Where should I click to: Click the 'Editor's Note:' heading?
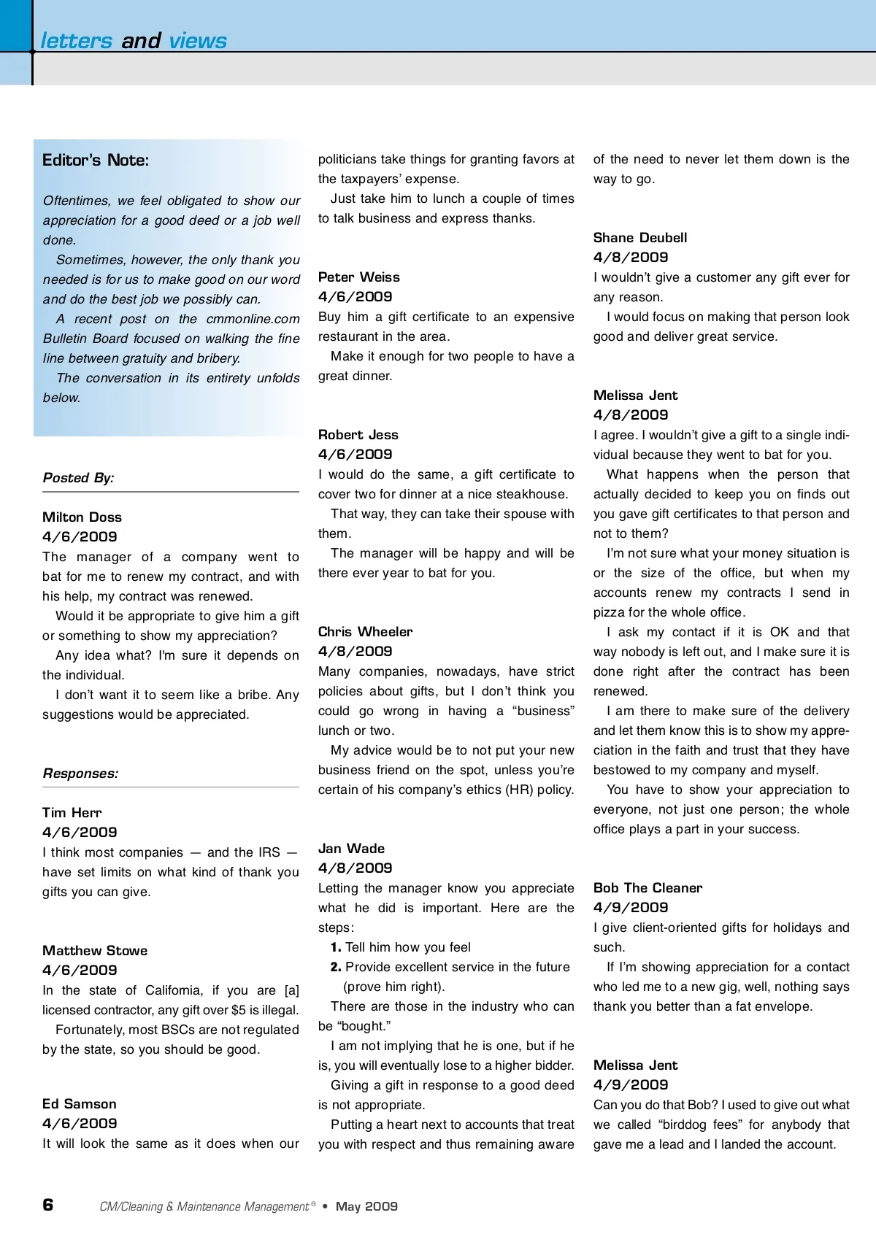click(96, 161)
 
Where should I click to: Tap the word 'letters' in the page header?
click(77, 41)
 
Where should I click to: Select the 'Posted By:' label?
click(78, 478)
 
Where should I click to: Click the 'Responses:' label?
click(80, 774)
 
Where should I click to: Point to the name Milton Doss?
click(82, 517)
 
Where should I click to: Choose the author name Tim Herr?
click(72, 813)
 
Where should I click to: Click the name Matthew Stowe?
click(95, 951)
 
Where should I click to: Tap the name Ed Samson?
click(80, 1104)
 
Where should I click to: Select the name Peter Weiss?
click(359, 277)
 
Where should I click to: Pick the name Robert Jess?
click(358, 435)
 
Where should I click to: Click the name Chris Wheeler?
click(365, 632)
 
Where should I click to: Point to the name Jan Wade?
click(351, 849)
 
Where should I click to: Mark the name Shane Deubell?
click(640, 238)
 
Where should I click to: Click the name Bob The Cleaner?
click(648, 888)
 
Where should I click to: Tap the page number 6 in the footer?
click(48, 1205)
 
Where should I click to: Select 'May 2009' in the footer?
click(366, 1206)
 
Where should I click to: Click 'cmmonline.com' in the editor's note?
click(253, 319)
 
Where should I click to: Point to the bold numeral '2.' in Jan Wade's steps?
click(336, 967)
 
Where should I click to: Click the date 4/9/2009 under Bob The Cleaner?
click(631, 908)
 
